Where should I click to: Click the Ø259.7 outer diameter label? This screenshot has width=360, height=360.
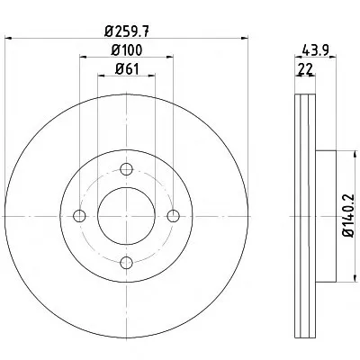[x=127, y=31]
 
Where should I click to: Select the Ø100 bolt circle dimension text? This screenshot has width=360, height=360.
[x=127, y=50]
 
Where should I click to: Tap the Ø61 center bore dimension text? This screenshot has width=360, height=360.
[x=127, y=69]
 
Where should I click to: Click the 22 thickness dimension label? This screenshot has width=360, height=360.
[x=306, y=69]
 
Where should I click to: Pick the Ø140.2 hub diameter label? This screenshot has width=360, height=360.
[x=349, y=216]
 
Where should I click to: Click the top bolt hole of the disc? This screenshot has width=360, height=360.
[x=126, y=169]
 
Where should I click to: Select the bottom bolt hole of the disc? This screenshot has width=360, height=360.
[x=126, y=263]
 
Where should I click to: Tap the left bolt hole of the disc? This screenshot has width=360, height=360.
[x=79, y=216]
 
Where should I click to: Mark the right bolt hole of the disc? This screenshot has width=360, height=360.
[x=174, y=216]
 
